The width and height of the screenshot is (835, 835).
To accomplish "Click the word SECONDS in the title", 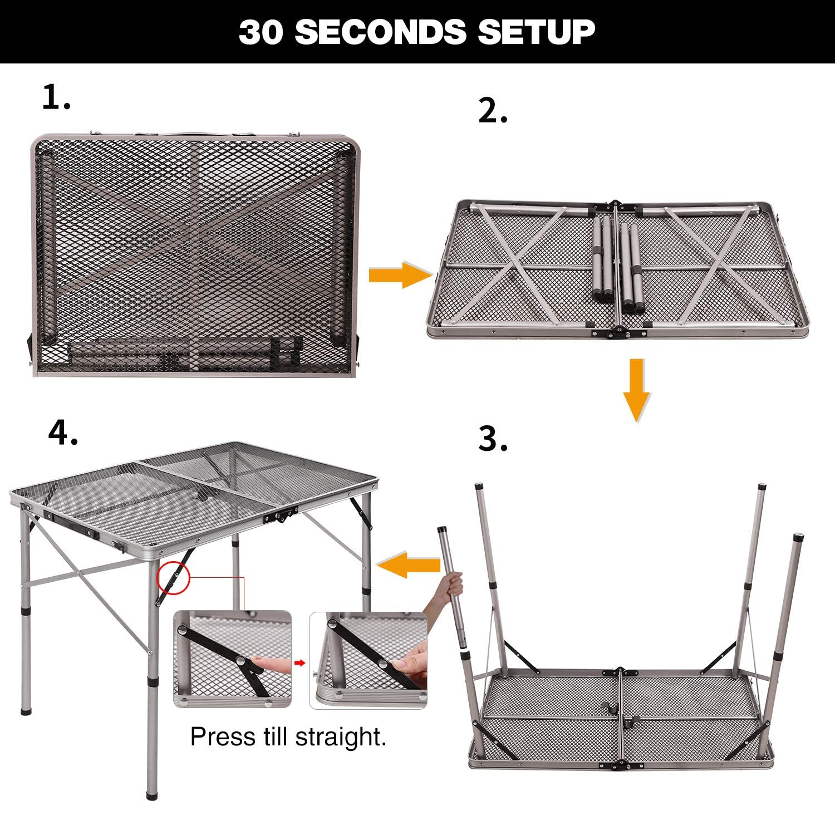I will point(380,32).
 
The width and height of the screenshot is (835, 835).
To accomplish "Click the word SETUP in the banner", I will point(536,32).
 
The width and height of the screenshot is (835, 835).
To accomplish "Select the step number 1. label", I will point(56,99).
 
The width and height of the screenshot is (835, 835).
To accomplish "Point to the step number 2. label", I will point(493,112).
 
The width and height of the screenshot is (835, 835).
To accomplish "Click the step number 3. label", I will point(493,440).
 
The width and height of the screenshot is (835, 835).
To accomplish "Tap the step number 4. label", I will point(63,433).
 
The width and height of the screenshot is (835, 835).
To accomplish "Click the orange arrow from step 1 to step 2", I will point(400,275).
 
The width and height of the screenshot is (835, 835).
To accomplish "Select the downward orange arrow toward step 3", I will point(636,390).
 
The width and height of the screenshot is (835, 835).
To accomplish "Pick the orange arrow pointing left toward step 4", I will point(409,564).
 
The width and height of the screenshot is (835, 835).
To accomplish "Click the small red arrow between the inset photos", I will point(300,662).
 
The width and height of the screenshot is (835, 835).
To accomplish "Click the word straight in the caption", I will point(340,737).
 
